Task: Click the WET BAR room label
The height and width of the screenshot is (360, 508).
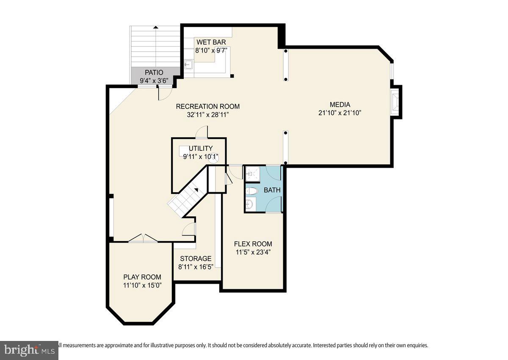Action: (211, 42)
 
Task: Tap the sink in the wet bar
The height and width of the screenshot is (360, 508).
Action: (188, 65)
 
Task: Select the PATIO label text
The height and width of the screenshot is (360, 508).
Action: (154, 72)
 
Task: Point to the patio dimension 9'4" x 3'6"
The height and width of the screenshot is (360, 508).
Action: (154, 80)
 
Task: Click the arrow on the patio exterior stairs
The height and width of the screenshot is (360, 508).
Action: (156, 28)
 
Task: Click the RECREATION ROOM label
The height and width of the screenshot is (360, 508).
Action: (208, 106)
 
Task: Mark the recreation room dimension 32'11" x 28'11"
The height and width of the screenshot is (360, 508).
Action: (208, 115)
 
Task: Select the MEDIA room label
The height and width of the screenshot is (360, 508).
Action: (340, 105)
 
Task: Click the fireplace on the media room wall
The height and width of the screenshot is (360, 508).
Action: (395, 102)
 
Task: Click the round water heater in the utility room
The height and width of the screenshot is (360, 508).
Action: (214, 158)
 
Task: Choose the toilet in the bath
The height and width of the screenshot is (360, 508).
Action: (251, 191)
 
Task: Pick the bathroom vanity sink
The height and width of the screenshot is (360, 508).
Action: (250, 205)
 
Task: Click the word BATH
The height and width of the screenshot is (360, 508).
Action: (272, 190)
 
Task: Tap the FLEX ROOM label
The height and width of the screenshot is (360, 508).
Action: (253, 244)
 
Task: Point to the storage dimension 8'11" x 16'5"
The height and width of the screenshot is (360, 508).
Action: (196, 267)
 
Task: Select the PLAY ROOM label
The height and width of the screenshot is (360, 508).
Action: (142, 277)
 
